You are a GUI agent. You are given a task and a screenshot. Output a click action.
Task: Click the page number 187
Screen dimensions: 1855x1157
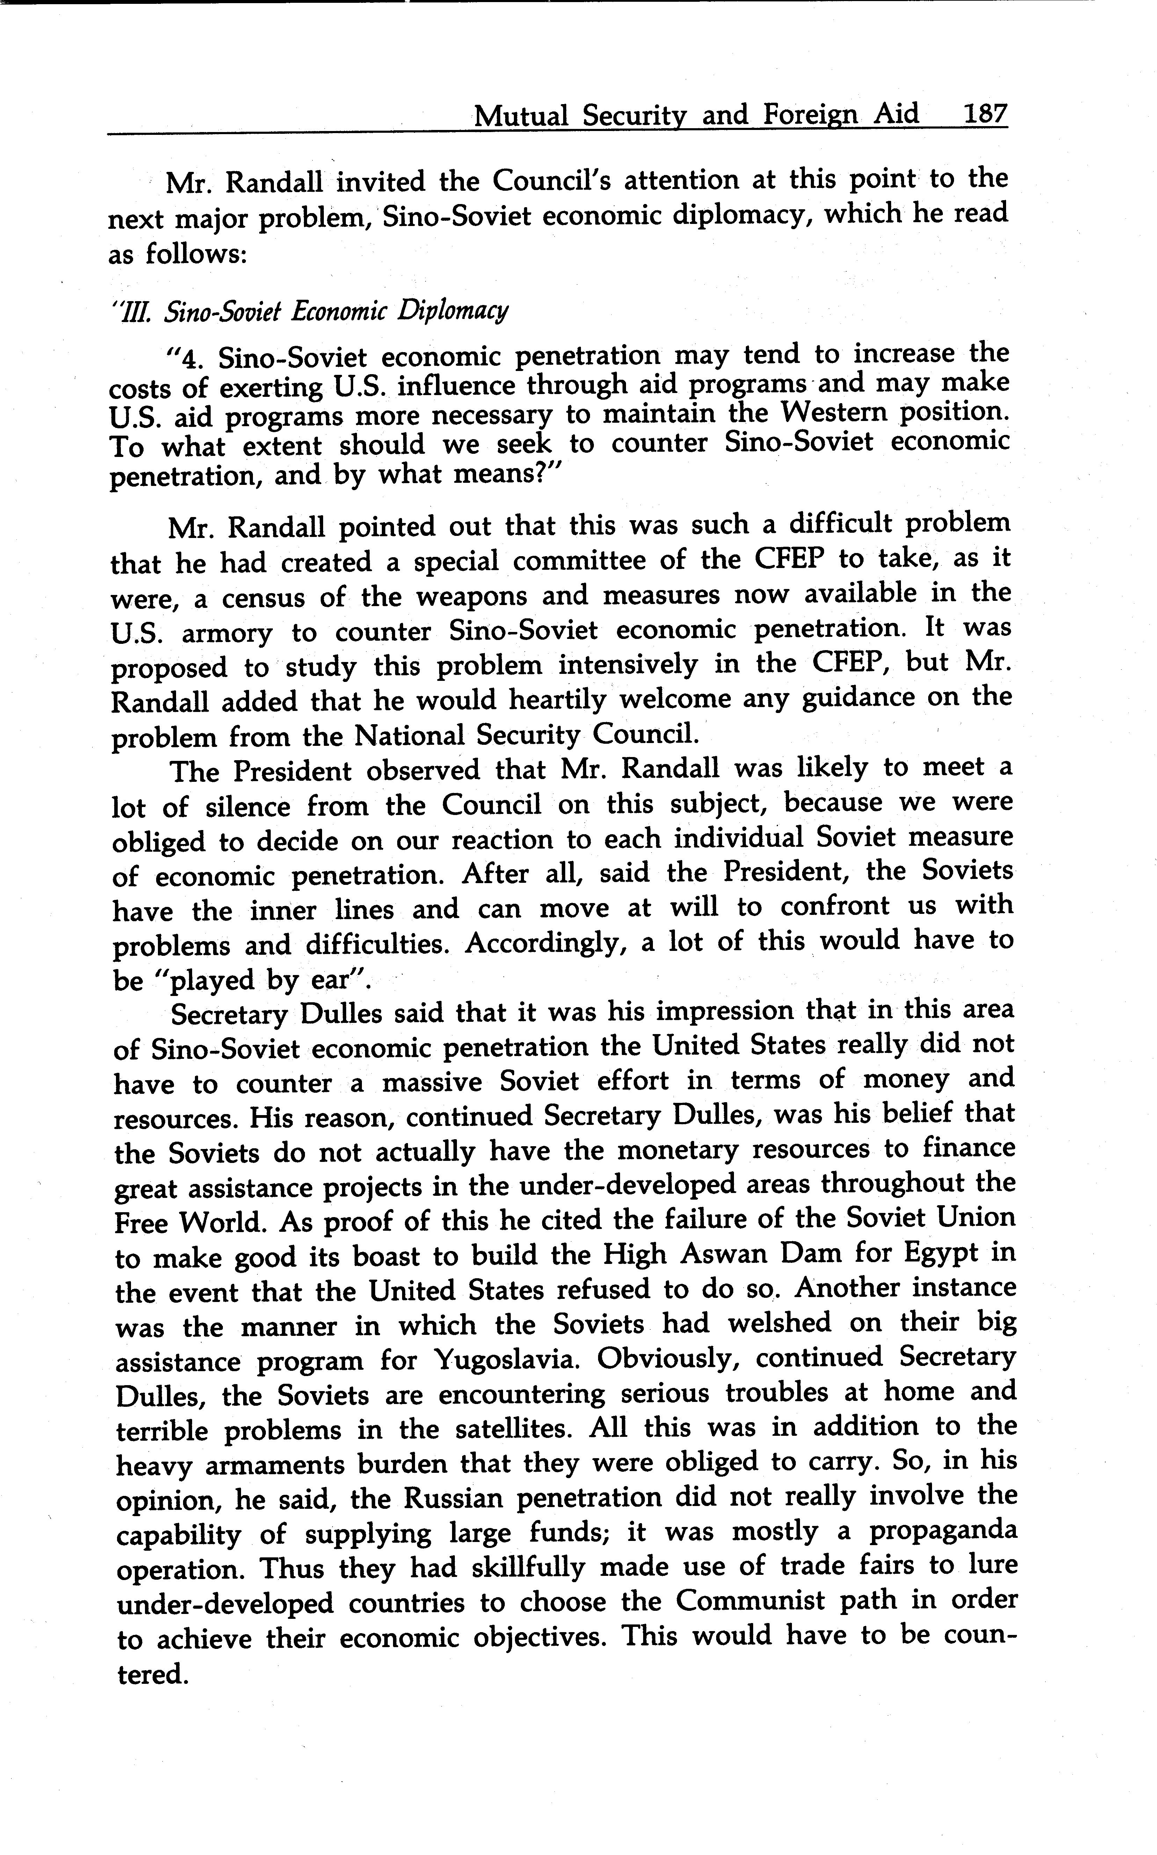pyautogui.click(x=985, y=115)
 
